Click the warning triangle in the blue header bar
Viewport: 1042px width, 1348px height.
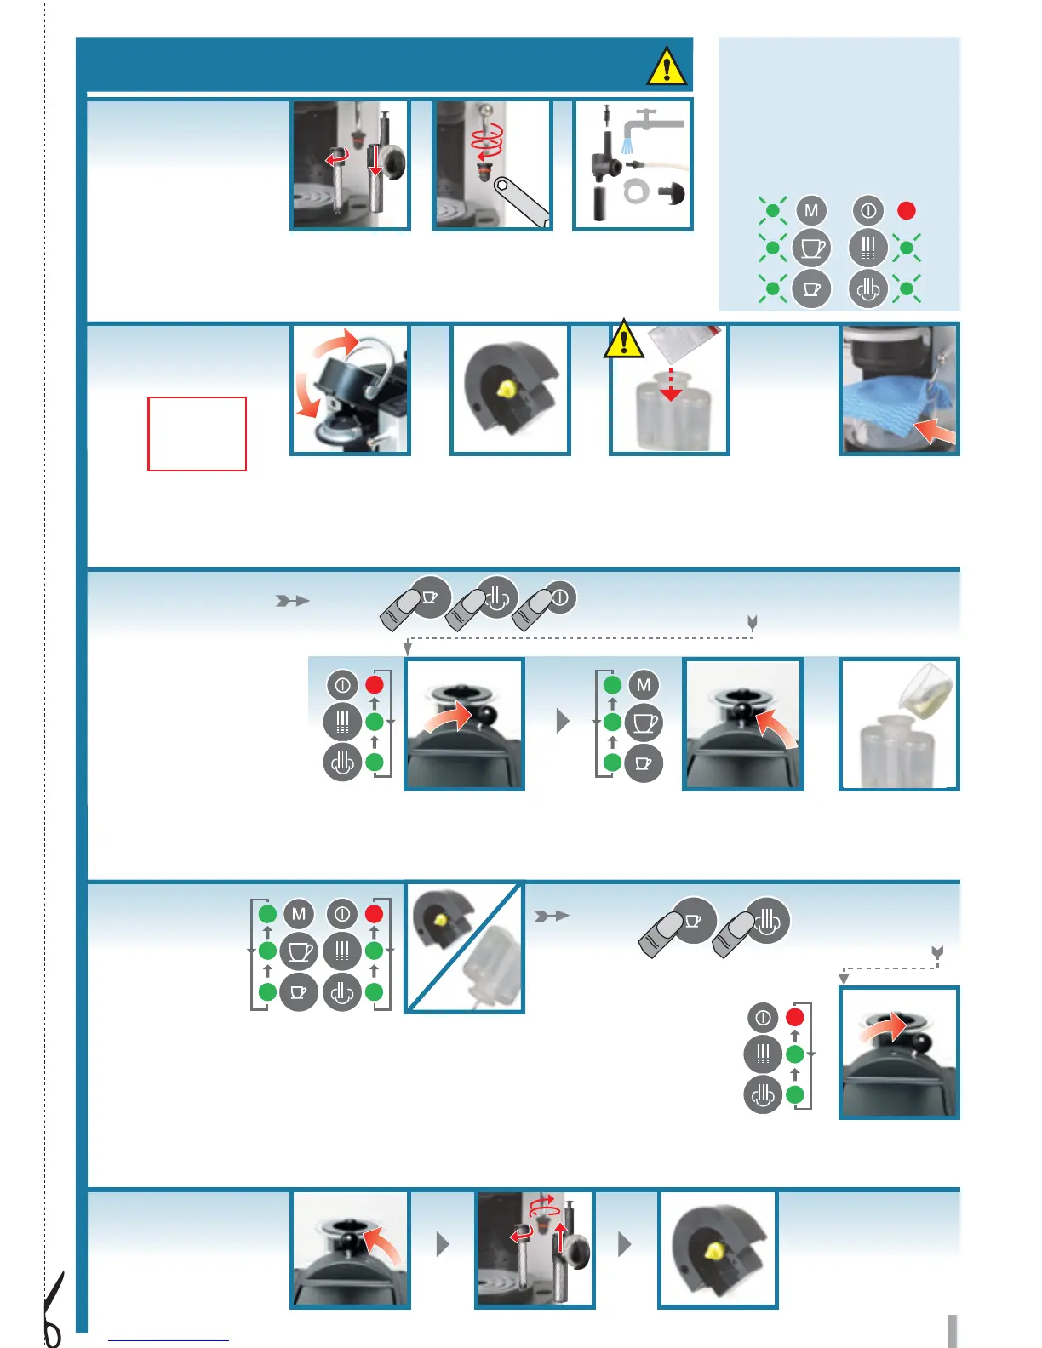667,66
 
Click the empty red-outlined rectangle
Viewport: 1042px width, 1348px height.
197,433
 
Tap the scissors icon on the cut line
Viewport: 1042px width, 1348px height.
53,1311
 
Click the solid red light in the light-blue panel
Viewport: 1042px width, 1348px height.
907,210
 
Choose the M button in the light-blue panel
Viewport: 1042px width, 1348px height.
811,210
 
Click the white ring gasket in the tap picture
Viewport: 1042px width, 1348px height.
636,191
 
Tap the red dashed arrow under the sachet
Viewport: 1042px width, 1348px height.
671,384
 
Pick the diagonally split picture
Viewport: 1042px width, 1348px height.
464,947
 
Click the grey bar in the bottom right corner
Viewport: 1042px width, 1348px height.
953,1331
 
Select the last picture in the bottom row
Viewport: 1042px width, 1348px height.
718,1248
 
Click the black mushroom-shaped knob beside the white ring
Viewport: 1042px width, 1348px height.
673,194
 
